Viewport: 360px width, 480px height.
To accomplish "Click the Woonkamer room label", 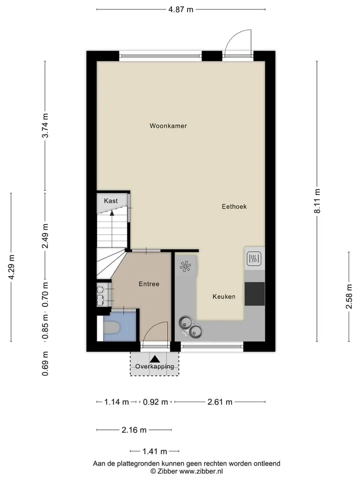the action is pos(168,126).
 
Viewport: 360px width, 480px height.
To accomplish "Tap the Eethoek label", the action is pos(234,206).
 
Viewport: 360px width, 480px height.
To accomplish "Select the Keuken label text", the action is pos(224,296).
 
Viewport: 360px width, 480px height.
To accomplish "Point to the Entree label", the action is pos(149,284).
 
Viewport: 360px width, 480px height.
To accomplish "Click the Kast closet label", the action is pos(110,201).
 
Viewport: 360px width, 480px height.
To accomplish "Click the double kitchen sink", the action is pos(190,327).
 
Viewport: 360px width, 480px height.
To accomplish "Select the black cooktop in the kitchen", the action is pos(254,293).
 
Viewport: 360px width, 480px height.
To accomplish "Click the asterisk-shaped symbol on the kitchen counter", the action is pos(185,266).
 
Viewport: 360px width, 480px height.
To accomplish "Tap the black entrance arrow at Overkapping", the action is pos(155,359).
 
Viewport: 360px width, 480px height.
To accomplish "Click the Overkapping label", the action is pos(154,366).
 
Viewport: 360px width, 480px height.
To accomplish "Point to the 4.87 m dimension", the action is pos(181,9).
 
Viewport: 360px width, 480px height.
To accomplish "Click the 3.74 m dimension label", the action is pos(45,125).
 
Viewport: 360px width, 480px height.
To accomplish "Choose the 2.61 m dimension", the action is pos(220,402).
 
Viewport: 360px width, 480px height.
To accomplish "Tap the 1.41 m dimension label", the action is pos(154,451).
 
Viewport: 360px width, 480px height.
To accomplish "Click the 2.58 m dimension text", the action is pos(349,296).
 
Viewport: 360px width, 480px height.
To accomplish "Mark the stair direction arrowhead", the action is pos(112,213).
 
